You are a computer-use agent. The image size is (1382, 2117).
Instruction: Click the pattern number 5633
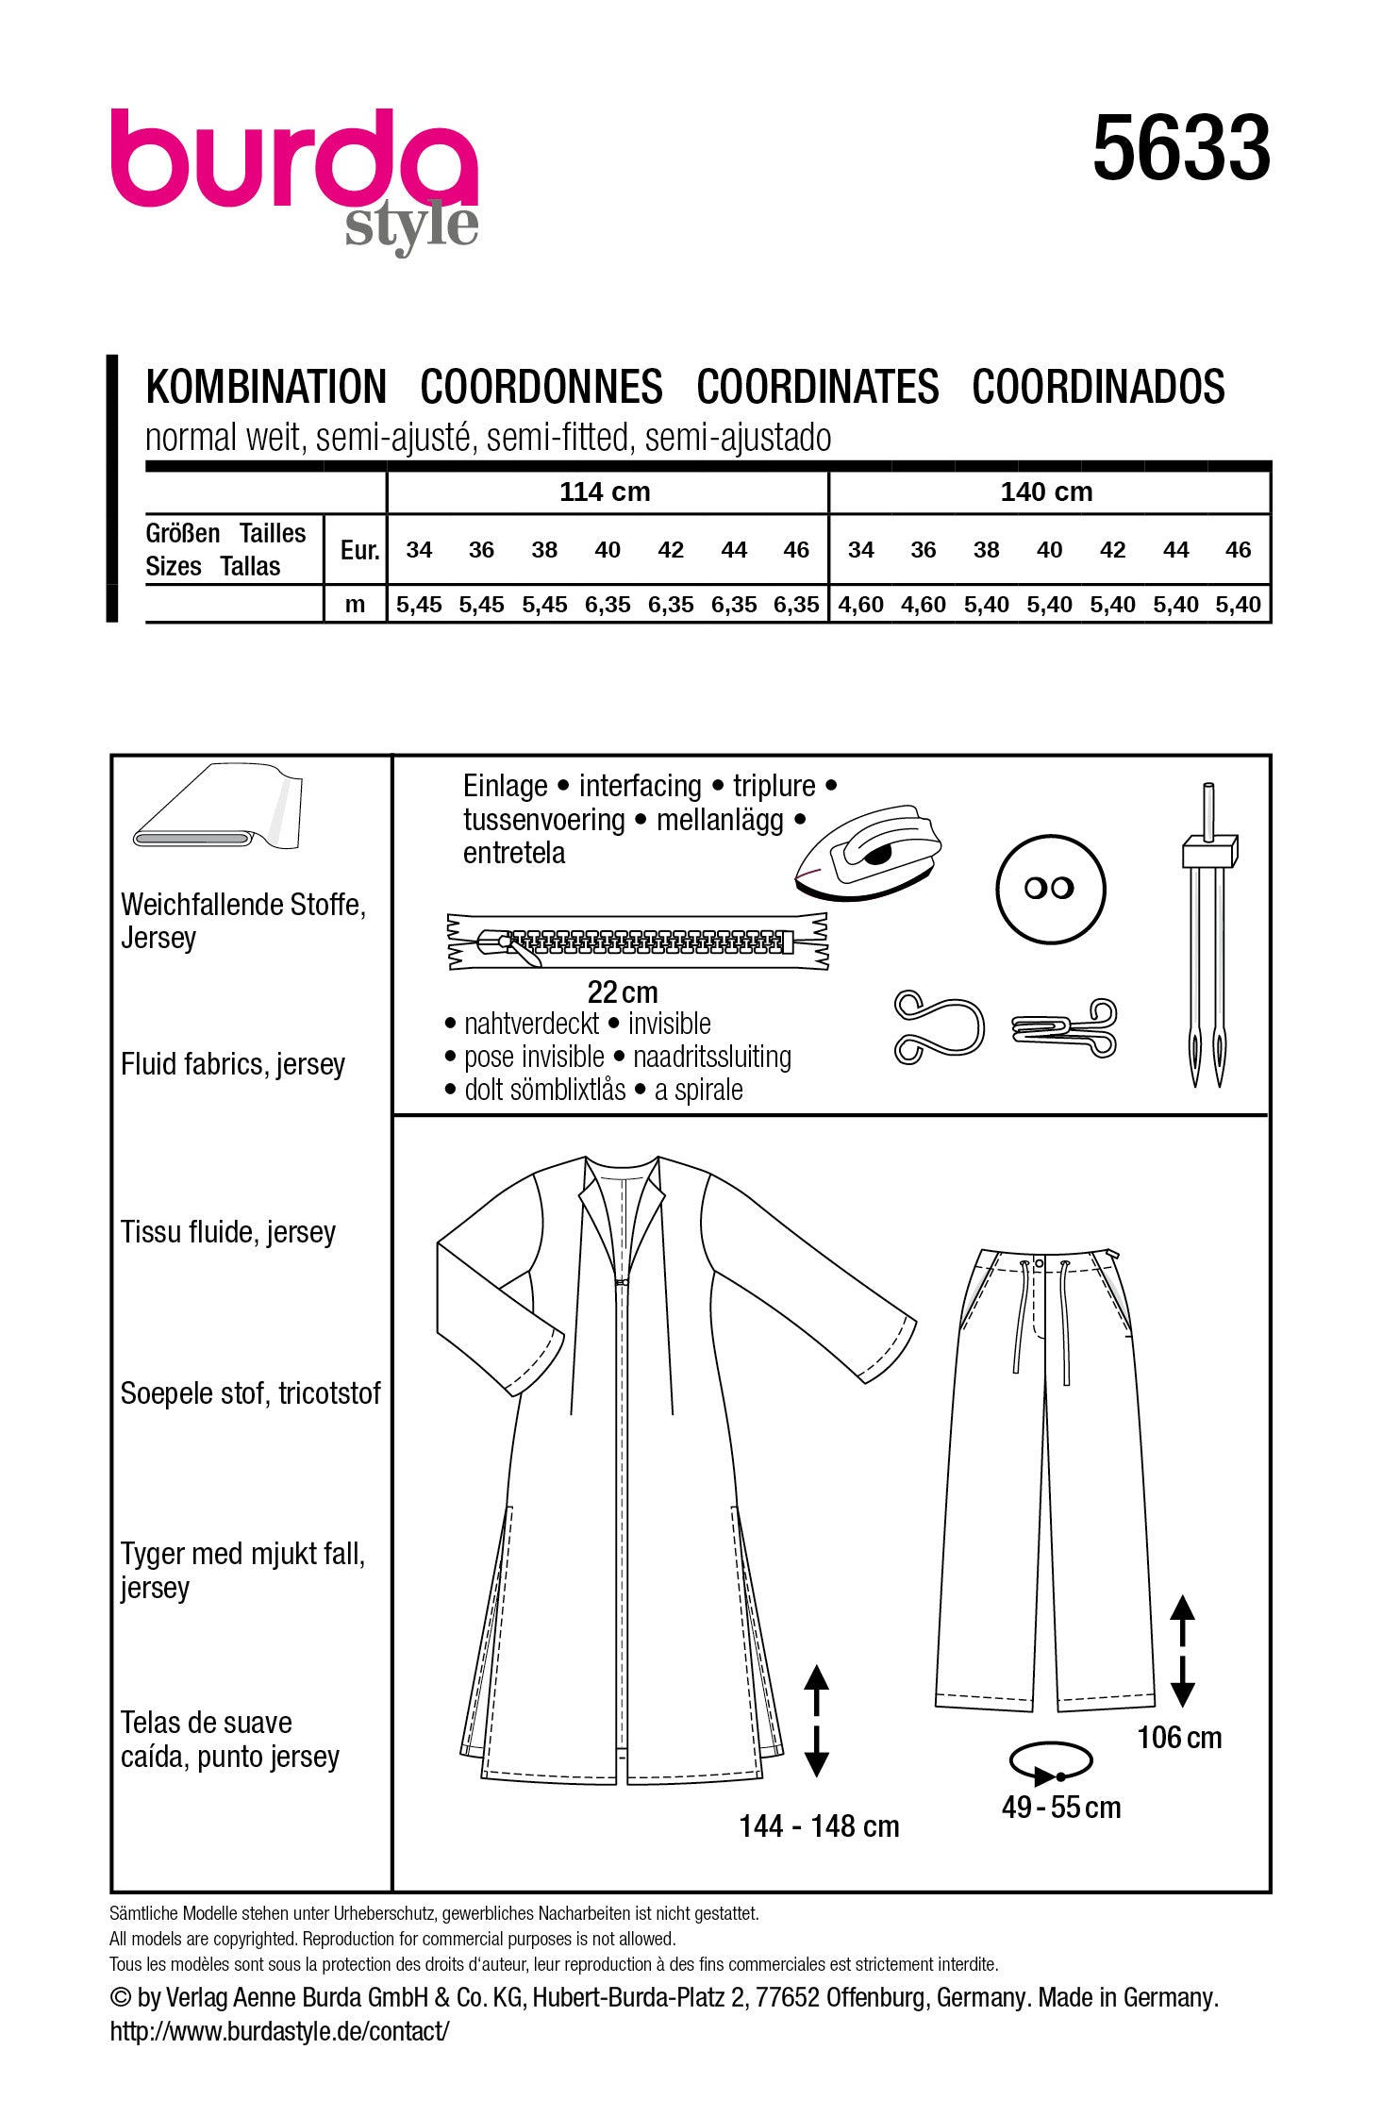click(1181, 148)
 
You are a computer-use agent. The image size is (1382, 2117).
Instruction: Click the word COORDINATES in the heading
click(817, 388)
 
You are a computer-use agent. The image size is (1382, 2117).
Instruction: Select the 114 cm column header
click(605, 492)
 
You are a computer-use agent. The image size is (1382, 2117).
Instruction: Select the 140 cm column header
click(1046, 492)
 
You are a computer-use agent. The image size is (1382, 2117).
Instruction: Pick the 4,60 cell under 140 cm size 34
click(860, 605)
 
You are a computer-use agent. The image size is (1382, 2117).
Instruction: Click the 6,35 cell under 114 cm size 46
click(796, 605)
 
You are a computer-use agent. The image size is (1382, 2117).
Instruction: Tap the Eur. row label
click(359, 551)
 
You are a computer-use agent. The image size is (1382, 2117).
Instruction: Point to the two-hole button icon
click(1049, 888)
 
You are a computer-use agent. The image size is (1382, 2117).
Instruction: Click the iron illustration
click(868, 853)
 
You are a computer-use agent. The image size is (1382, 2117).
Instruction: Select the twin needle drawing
click(1207, 934)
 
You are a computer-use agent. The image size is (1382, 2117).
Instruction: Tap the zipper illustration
click(638, 941)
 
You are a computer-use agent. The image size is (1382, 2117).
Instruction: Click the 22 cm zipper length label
click(623, 992)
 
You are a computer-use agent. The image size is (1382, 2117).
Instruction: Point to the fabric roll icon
click(218, 809)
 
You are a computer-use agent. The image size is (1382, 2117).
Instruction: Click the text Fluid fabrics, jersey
click(233, 1064)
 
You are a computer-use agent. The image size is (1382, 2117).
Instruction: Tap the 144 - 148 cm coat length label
click(819, 1826)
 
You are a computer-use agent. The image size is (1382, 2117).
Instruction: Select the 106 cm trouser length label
click(1179, 1737)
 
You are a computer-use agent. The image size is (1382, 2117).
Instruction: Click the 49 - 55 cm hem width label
click(1061, 1808)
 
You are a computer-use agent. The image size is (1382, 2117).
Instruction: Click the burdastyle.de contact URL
click(279, 2031)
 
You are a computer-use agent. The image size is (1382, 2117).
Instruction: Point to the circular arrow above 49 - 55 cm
click(1050, 1761)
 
